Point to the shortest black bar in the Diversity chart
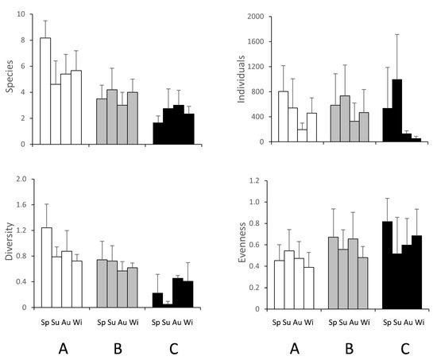tap(168, 304)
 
